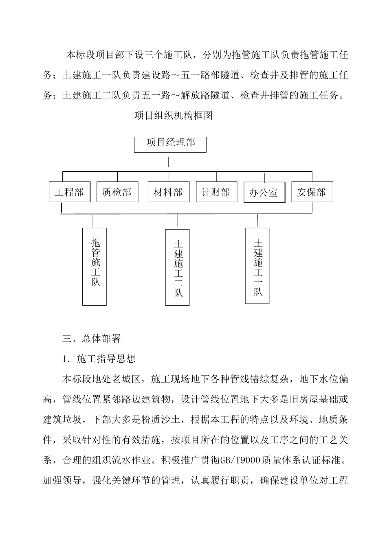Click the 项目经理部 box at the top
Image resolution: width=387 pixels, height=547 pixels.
point(170,144)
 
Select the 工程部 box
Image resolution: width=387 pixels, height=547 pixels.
point(69,192)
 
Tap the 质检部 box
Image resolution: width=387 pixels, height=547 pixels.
point(117,192)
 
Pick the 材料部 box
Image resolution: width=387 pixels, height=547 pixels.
point(168,192)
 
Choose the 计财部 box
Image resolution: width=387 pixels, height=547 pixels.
point(216,192)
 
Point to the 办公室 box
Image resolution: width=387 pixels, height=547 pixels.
point(264,193)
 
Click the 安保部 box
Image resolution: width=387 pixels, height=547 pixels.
point(312,192)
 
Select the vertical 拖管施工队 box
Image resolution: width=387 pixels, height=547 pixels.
point(95,266)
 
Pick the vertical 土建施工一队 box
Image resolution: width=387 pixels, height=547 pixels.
point(257,266)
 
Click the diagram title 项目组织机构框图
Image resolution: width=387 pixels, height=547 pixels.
point(174,116)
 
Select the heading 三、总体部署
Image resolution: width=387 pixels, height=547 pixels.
point(91,338)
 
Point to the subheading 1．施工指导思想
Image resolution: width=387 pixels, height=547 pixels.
point(99,359)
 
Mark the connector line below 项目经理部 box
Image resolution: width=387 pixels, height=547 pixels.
point(169,162)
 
